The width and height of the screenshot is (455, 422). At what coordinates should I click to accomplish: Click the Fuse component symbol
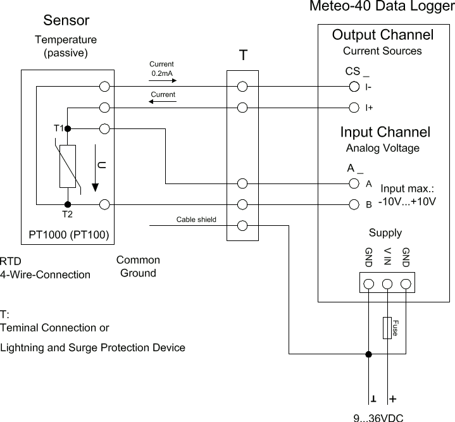(387, 328)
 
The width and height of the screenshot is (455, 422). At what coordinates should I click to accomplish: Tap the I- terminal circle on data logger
(355, 87)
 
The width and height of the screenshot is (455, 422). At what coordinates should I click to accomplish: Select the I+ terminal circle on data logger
(355, 107)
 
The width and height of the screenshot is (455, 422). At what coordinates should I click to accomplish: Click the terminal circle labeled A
(355, 184)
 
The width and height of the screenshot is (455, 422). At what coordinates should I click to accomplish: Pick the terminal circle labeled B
(355, 204)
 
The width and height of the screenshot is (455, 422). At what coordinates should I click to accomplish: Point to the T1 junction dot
(68, 128)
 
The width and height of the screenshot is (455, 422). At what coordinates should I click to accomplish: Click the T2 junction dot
(68, 204)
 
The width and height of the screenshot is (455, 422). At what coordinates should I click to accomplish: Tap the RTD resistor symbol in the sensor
(68, 166)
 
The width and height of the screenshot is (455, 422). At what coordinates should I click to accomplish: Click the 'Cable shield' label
(196, 220)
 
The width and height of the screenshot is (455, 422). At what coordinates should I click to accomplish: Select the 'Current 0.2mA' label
(161, 69)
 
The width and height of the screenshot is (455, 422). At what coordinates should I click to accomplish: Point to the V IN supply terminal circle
(387, 283)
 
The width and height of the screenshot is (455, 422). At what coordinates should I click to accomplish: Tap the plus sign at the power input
(393, 399)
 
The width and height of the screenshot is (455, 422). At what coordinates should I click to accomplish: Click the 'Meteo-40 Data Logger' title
(381, 7)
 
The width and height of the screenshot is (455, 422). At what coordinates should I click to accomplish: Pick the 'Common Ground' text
(138, 266)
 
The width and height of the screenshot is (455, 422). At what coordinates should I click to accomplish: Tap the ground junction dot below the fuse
(368, 354)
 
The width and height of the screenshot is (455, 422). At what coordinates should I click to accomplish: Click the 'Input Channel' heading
(385, 132)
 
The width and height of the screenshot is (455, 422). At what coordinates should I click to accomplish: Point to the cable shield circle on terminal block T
(242, 226)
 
